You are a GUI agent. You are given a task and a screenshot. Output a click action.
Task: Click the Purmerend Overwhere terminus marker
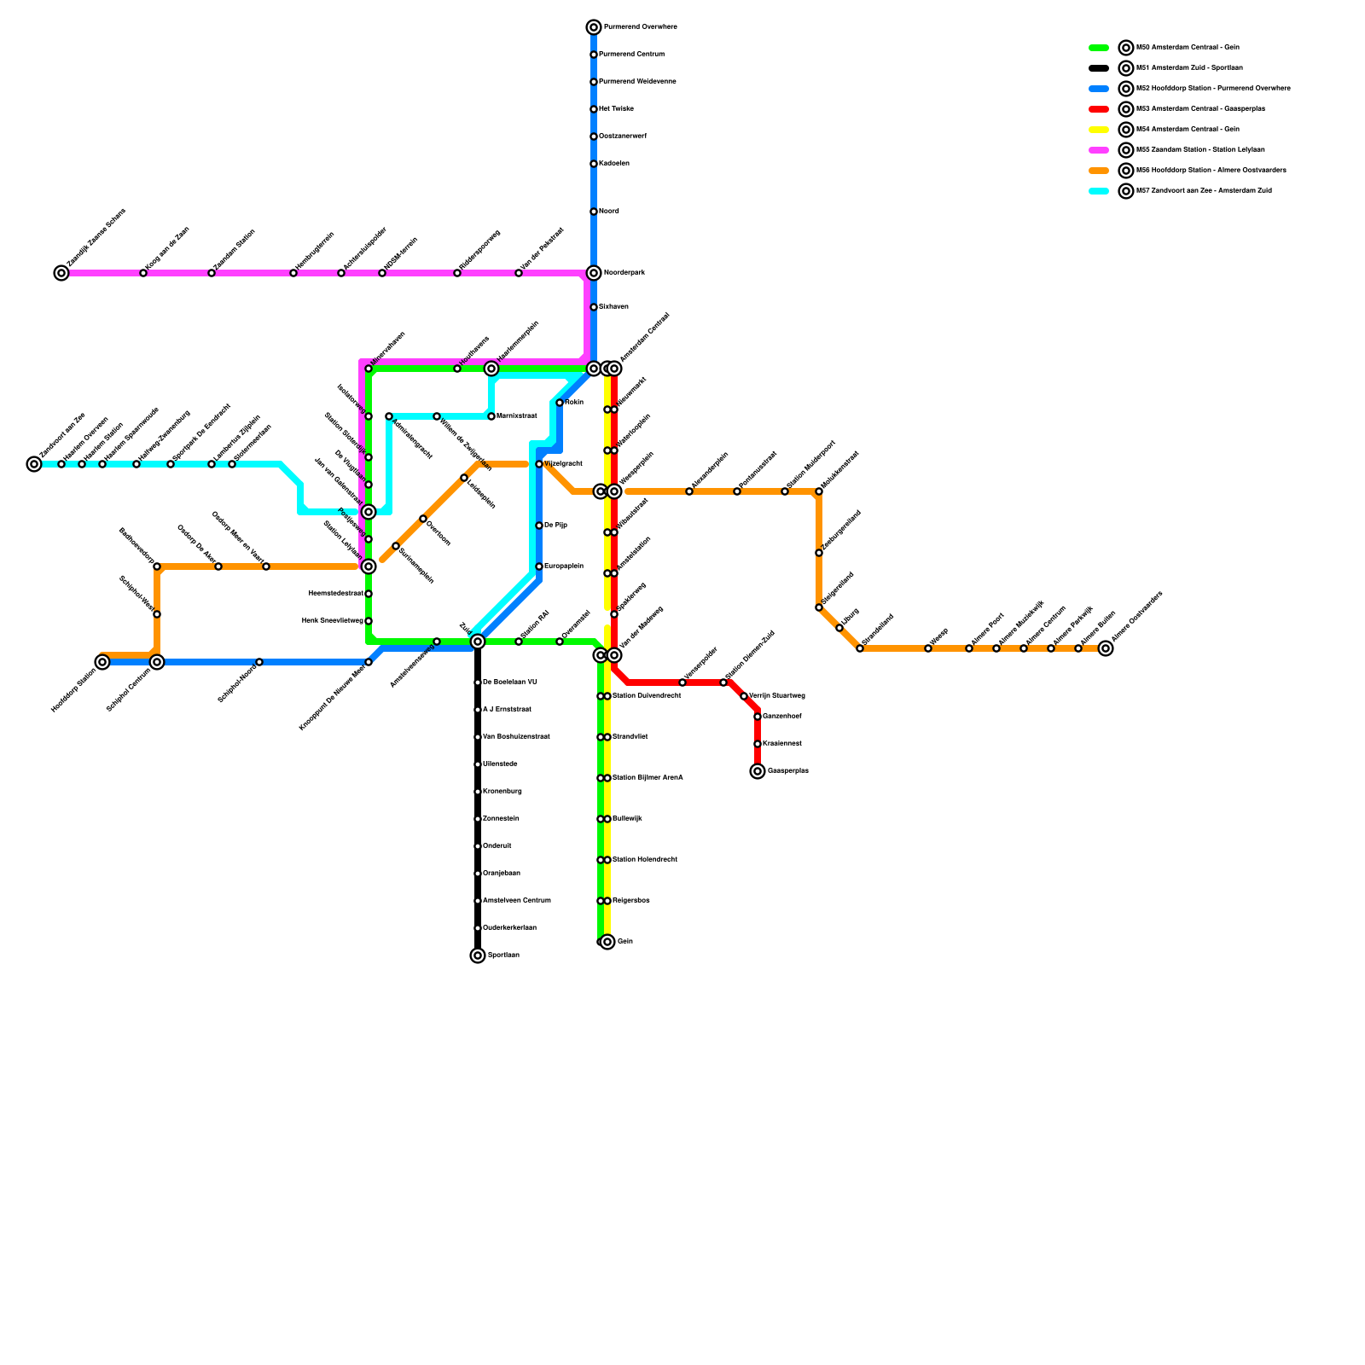tap(594, 27)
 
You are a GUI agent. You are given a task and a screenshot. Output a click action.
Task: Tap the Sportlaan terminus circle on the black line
tap(478, 955)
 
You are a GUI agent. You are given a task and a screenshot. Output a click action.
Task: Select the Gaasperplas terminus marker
tap(758, 771)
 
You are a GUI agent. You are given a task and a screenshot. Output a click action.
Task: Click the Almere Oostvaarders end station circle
tap(1106, 648)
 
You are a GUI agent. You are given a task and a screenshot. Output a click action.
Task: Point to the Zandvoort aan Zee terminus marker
tap(34, 464)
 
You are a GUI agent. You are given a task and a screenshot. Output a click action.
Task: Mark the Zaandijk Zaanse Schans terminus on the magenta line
tap(61, 273)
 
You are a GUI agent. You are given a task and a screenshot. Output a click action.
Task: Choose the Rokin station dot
tap(560, 403)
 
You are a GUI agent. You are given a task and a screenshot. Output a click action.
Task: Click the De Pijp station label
tap(555, 526)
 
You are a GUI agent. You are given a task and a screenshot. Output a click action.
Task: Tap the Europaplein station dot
tap(539, 566)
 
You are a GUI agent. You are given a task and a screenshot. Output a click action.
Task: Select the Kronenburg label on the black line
tap(502, 792)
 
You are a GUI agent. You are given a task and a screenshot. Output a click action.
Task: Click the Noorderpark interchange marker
tap(594, 273)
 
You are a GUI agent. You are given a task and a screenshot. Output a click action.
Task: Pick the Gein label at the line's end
tap(625, 942)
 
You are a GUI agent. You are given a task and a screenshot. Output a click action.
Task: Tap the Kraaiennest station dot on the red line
tap(758, 744)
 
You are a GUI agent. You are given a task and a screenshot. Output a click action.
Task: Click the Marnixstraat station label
tap(517, 416)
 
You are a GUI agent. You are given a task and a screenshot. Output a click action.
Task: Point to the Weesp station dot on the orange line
tap(928, 648)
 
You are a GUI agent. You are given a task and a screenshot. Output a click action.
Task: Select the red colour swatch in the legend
tap(1099, 109)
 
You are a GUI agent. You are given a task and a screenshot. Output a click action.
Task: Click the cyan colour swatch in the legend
tap(1099, 191)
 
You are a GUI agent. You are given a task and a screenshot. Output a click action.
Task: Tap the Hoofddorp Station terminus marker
tap(102, 662)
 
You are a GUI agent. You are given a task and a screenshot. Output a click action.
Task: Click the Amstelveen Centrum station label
tap(517, 901)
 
